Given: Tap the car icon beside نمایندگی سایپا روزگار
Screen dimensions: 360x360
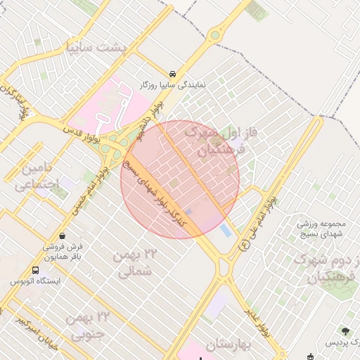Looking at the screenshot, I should click(x=172, y=74).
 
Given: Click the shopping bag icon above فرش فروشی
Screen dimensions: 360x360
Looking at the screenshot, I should click(x=64, y=236).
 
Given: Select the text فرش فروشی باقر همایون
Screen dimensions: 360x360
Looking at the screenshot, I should click(x=64, y=252).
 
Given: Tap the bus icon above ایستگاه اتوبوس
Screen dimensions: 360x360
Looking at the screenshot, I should click(x=36, y=270).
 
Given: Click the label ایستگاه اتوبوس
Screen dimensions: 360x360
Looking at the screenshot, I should click(x=36, y=281).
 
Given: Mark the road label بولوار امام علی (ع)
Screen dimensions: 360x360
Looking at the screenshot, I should click(x=259, y=221).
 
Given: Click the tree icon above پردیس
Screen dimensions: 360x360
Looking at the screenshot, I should click(x=345, y=330).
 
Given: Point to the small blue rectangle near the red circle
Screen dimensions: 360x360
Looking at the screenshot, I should click(x=226, y=230).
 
